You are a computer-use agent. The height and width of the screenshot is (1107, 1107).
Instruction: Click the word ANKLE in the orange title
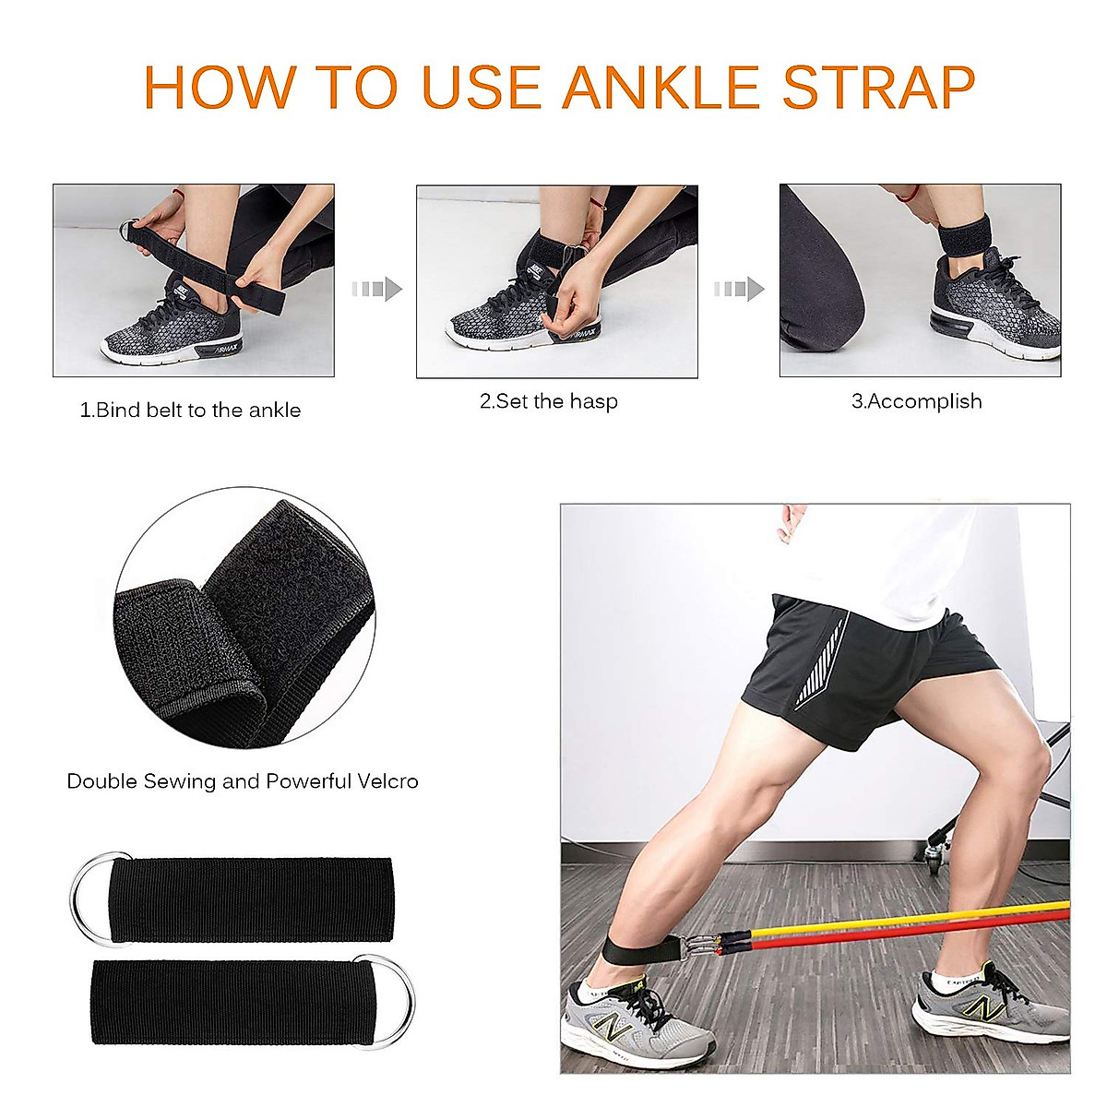pos(663,88)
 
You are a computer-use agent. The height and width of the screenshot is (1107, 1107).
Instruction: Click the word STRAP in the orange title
pos(878,88)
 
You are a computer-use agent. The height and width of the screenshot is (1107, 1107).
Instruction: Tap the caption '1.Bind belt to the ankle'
pos(191,411)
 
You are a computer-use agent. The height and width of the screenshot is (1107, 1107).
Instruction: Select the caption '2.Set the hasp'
pos(549,401)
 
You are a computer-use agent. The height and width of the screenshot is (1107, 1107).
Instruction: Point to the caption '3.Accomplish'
pos(916,401)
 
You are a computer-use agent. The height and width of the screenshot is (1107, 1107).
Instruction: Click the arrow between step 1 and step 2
pos(376,290)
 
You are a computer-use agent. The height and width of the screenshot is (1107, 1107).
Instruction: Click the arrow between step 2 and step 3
pos(739,290)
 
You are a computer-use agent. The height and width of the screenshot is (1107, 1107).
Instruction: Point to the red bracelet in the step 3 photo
pos(910,194)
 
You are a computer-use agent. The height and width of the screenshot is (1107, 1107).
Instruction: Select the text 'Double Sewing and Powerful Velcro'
pos(243,781)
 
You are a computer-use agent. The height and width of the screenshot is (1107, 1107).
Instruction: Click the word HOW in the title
pos(220,88)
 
